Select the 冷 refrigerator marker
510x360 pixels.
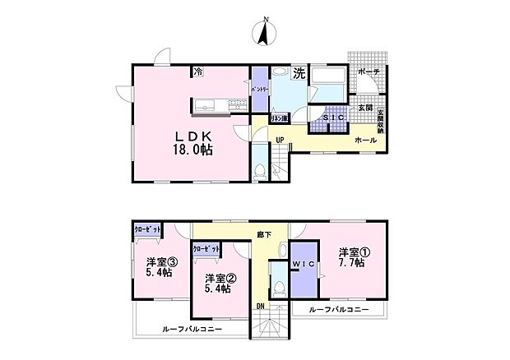click(x=198, y=73)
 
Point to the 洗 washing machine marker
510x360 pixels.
click(x=299, y=73)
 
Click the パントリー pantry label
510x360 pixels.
click(x=259, y=88)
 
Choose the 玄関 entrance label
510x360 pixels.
click(x=364, y=108)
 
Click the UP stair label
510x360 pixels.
click(x=280, y=140)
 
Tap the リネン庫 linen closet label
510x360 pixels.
click(x=279, y=118)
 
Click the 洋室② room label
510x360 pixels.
click(x=218, y=276)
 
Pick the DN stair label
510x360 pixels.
click(x=260, y=307)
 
